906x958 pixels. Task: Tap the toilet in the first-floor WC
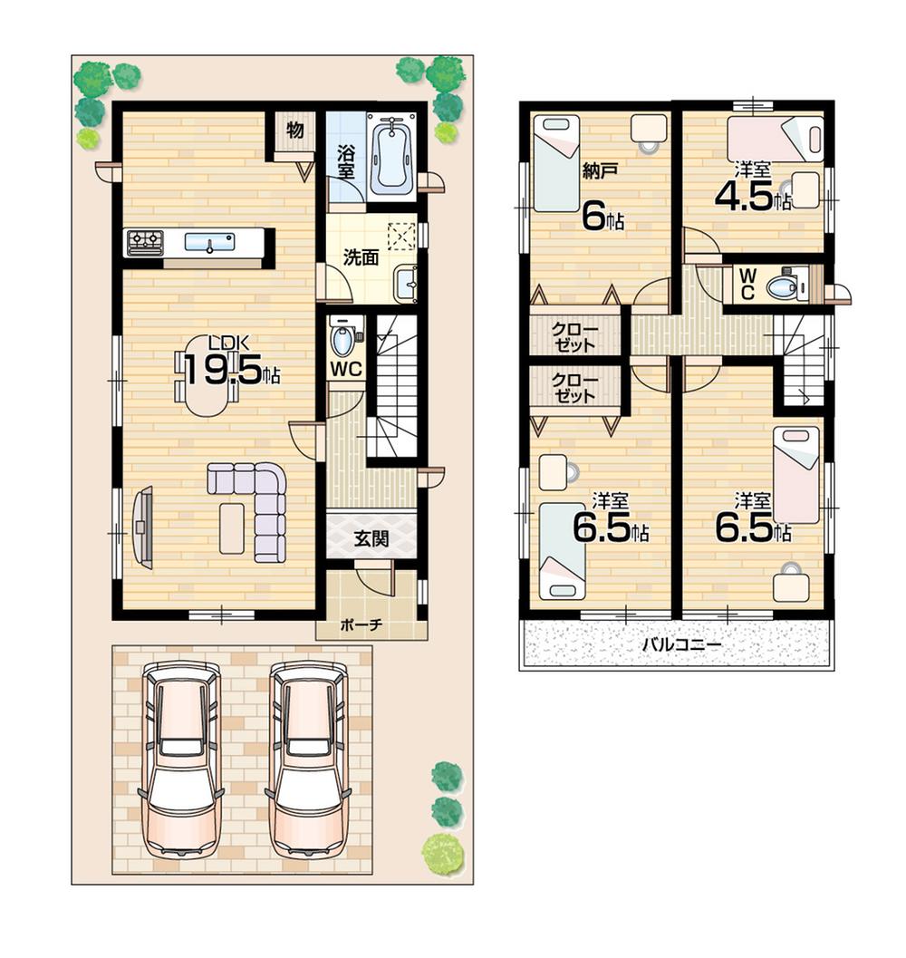coord(342,341)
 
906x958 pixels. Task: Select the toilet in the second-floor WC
coord(781,287)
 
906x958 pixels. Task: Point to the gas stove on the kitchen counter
coord(145,242)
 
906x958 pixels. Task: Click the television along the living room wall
coord(142,527)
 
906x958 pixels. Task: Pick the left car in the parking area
coord(181,760)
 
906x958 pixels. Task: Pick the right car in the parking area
coord(308,760)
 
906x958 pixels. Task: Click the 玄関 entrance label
coord(371,540)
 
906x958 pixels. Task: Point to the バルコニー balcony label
coord(680,645)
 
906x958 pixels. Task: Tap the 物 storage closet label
coord(295,130)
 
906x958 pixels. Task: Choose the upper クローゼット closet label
coord(574,336)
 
